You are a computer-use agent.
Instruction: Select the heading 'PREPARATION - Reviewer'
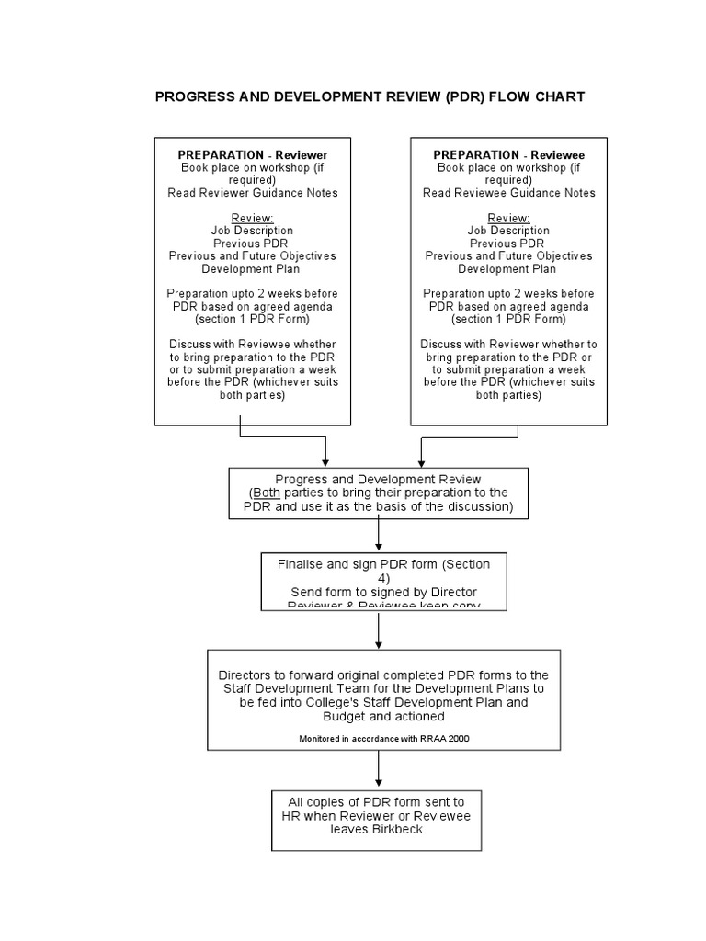tap(252, 154)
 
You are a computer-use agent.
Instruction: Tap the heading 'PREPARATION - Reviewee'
tap(508, 154)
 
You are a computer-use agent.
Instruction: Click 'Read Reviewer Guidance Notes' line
tap(252, 193)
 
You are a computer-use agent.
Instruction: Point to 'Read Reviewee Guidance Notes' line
tap(508, 193)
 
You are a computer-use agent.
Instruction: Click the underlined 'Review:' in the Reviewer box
tap(252, 218)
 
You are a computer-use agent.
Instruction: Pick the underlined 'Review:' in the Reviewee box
tap(508, 218)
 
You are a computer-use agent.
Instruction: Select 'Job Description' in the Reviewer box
tap(252, 231)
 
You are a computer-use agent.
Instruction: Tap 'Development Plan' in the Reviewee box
tap(508, 269)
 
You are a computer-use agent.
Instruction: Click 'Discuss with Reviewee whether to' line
tap(252, 344)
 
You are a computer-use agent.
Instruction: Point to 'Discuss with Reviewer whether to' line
tap(508, 344)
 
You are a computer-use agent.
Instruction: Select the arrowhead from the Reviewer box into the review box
tap(325, 461)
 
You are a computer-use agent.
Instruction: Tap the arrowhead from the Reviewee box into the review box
tap(421, 461)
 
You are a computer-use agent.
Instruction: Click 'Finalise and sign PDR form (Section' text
tap(378, 565)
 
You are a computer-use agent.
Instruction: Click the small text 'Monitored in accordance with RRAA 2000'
tap(378, 738)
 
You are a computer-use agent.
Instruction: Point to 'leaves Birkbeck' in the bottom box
tap(378, 828)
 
